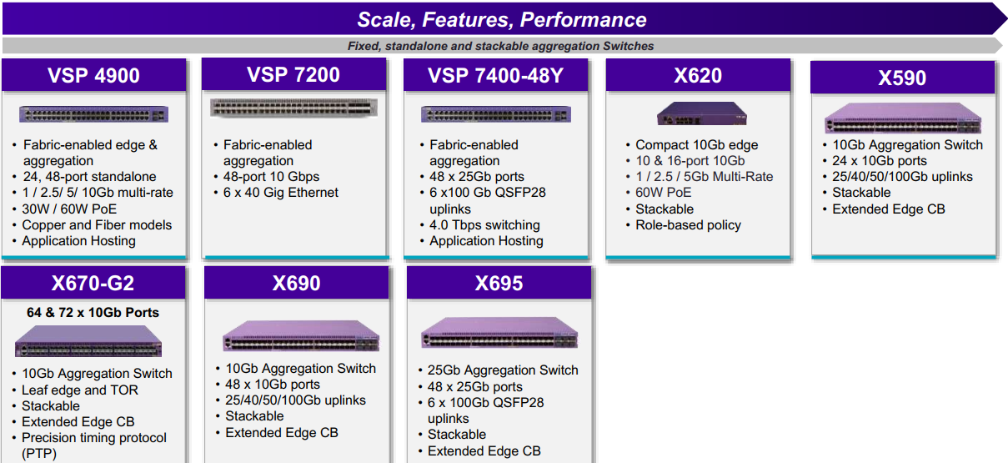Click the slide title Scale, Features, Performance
click(x=502, y=20)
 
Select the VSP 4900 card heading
click(x=93, y=75)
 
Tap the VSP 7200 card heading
click(x=293, y=74)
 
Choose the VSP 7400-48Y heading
click(x=495, y=75)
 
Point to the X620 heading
click(x=698, y=75)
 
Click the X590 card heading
click(x=902, y=78)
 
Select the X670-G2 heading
click(x=93, y=284)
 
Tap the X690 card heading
click(x=297, y=284)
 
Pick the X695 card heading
click(x=499, y=284)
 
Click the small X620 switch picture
click(x=701, y=113)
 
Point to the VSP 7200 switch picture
click(x=293, y=108)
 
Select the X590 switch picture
click(x=903, y=118)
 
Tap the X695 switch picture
click(x=499, y=333)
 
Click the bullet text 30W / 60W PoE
click(x=69, y=209)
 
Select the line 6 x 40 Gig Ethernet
click(x=280, y=193)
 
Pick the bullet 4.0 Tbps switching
click(x=484, y=224)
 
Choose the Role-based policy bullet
click(x=688, y=224)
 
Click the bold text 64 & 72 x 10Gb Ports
click(x=93, y=312)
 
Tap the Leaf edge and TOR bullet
click(x=80, y=390)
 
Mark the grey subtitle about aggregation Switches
click(x=500, y=46)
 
